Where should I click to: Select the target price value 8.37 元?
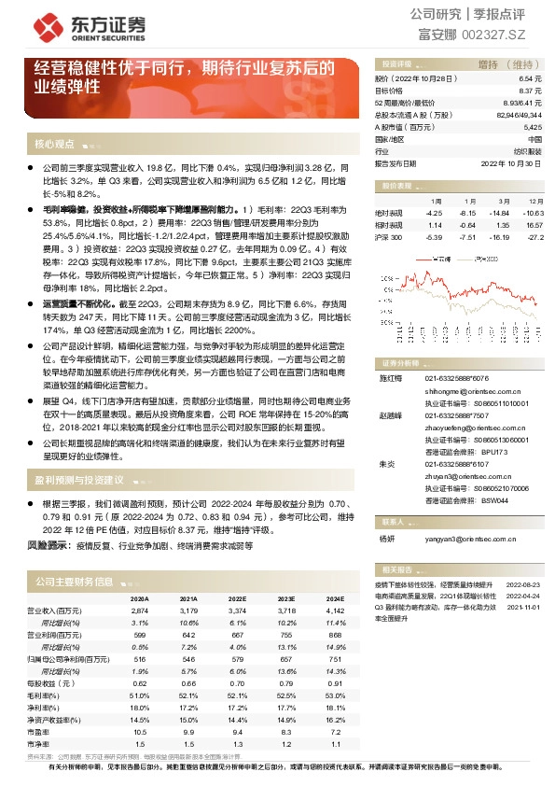pos(529,91)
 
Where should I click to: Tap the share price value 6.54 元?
pos(529,80)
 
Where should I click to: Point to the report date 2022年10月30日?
pos(512,161)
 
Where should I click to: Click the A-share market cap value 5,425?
pos(532,126)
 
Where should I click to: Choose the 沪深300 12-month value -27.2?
pos(535,238)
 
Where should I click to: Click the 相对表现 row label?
pos(389,225)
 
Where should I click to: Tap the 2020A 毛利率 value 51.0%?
pos(139,695)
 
